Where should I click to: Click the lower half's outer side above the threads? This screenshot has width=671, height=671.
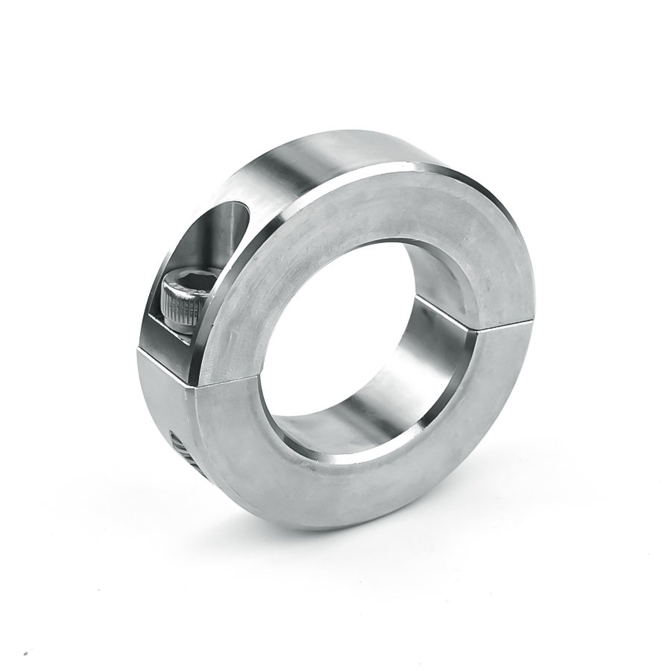[160, 403]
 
